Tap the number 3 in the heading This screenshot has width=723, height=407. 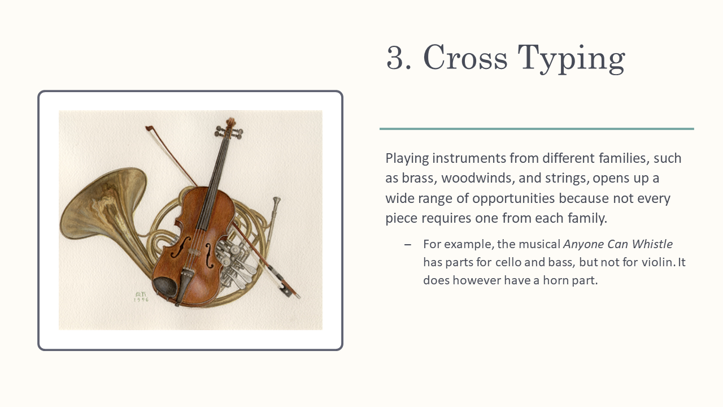pos(395,57)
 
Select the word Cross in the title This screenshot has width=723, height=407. pos(465,57)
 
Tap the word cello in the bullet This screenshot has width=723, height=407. pos(508,262)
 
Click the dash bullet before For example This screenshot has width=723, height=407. pos(408,245)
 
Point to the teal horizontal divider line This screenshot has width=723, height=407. pos(537,129)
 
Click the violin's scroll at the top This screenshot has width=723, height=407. pos(230,123)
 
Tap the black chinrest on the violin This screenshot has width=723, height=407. pos(165,285)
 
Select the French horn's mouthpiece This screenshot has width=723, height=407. pos(276,202)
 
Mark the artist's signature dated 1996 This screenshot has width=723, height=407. pos(141,297)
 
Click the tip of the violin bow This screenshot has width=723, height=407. pos(147,128)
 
